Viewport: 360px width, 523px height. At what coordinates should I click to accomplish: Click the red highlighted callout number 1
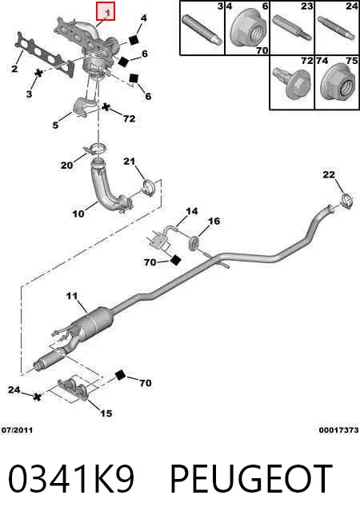click(106, 11)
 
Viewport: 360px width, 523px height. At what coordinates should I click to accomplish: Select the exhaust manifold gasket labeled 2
click(45, 54)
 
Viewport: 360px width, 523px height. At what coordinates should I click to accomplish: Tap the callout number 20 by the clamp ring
click(66, 165)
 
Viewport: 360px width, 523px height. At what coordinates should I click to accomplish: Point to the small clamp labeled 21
click(148, 187)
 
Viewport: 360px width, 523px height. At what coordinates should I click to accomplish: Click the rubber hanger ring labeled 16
click(194, 243)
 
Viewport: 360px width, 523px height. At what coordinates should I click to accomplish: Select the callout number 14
click(192, 211)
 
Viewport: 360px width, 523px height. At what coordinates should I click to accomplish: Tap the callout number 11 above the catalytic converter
click(72, 296)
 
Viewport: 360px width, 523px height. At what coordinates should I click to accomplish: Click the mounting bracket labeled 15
click(74, 388)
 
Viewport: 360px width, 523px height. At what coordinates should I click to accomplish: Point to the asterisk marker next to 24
click(38, 397)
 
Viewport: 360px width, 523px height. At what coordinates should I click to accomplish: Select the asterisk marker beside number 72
click(106, 107)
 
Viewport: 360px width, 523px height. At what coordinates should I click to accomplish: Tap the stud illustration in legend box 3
click(202, 30)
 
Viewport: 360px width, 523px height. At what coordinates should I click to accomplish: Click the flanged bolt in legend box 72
click(290, 83)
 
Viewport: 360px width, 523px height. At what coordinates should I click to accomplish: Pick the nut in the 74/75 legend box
click(338, 83)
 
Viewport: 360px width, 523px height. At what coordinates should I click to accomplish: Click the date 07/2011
click(17, 430)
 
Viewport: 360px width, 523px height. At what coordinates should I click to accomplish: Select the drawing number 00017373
click(338, 430)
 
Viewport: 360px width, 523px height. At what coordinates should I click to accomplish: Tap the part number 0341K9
click(71, 479)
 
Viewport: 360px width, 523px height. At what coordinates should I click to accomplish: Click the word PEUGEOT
click(252, 479)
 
